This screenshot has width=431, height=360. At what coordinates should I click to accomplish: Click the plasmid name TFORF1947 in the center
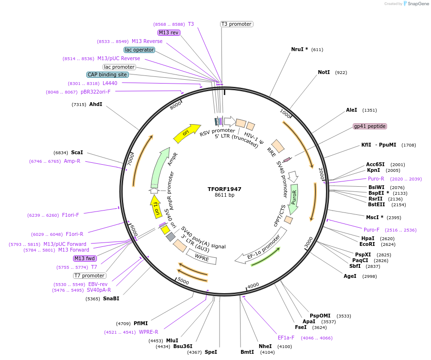point(224,189)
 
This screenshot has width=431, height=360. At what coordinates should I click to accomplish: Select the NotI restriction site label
point(324,73)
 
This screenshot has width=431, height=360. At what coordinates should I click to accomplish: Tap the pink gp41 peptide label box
point(369,127)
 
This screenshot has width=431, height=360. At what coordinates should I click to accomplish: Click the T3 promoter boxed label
point(236,24)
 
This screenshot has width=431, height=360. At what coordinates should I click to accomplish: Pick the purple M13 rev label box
point(169,32)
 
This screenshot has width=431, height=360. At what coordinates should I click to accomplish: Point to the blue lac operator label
point(139,50)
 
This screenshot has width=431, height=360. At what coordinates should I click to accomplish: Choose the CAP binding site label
point(107,74)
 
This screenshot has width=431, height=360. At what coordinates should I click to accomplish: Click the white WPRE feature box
point(201,257)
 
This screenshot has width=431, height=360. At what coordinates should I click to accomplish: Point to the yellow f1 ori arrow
point(155,208)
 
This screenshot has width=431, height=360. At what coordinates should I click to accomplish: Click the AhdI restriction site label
point(95,104)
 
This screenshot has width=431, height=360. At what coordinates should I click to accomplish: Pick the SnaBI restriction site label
point(111,299)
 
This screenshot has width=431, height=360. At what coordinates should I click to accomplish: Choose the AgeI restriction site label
point(350,276)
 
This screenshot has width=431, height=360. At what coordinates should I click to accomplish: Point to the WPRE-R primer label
point(148,332)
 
